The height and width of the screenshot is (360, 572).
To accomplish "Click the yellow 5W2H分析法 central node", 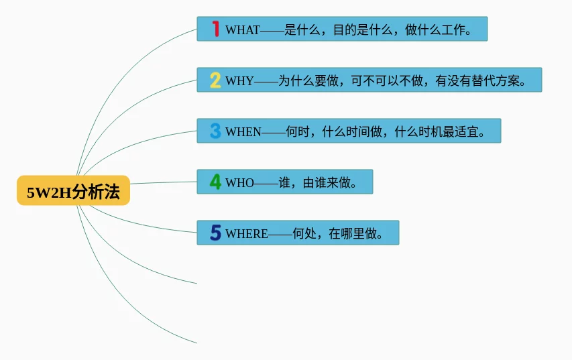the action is point(73,190).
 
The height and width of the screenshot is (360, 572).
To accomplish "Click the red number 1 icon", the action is point(216,29).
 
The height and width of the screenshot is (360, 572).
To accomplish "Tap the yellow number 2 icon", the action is point(215,80).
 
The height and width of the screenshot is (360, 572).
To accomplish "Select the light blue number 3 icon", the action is point(215,131).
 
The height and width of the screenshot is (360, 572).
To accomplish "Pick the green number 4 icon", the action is point(215,182).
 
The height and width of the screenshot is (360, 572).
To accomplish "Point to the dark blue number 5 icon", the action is point(216,233).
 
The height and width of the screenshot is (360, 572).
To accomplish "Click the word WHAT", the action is point(243,29).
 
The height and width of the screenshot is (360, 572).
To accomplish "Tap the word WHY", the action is point(239,80).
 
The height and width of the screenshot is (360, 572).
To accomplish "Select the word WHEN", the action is point(243,131).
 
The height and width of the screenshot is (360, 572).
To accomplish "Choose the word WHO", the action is point(239,182).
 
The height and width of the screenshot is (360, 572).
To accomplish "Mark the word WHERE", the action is point(247,233).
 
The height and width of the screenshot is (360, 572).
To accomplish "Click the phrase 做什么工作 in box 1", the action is point(435,29).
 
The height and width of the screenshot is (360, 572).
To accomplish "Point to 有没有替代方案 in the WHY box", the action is point(477,80).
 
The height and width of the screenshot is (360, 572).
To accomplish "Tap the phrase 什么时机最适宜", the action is point(437,131).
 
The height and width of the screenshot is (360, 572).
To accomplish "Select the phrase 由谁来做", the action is point(327,182).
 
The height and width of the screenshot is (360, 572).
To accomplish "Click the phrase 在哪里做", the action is point(353,233).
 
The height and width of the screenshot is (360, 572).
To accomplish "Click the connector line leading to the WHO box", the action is point(164,182).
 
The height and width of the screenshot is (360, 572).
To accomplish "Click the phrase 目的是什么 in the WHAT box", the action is point(363,29).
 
